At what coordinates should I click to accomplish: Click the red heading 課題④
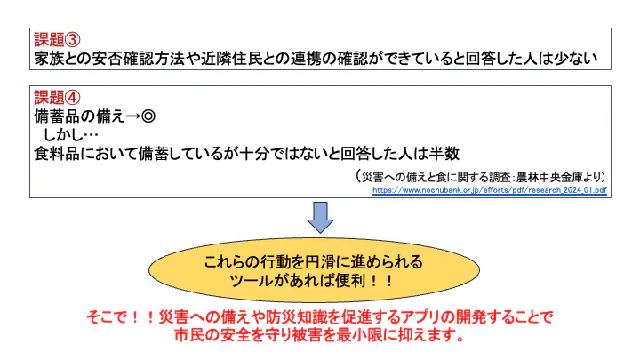58,97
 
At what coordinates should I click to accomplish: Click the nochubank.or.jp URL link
489,189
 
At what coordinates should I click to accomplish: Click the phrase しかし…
71,133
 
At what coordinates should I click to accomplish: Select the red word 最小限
374,336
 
